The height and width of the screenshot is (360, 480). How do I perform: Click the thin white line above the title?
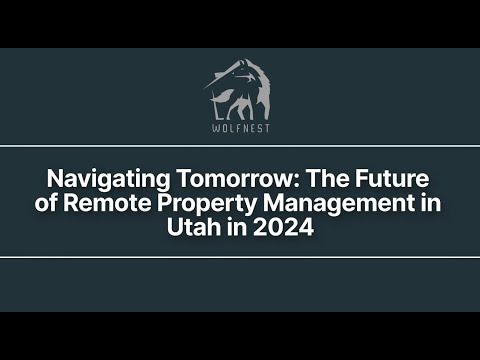coord(240,146)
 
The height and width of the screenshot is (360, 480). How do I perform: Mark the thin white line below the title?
coord(240,257)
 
